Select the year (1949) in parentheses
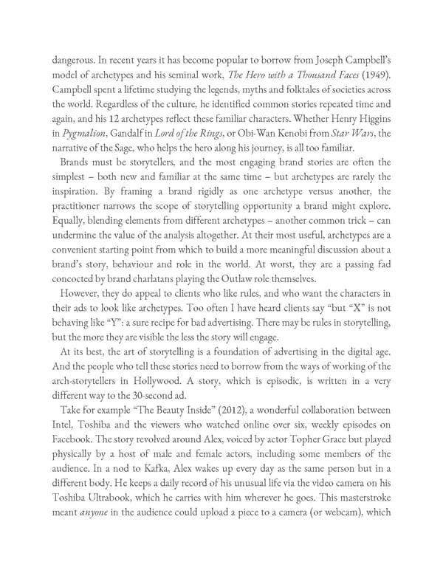[374, 73]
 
